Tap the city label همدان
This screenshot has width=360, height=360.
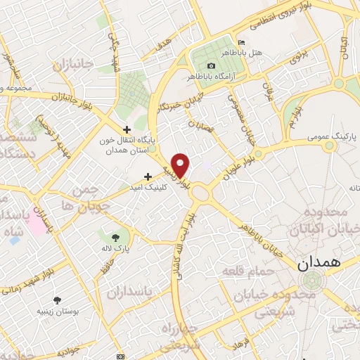(318, 264)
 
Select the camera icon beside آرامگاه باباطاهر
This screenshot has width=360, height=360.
(191, 65)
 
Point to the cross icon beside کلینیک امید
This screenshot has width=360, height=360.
(148, 176)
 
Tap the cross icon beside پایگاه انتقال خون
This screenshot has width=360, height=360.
(127, 129)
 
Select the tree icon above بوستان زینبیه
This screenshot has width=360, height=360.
(57, 300)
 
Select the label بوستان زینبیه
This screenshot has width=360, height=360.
(58, 311)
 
